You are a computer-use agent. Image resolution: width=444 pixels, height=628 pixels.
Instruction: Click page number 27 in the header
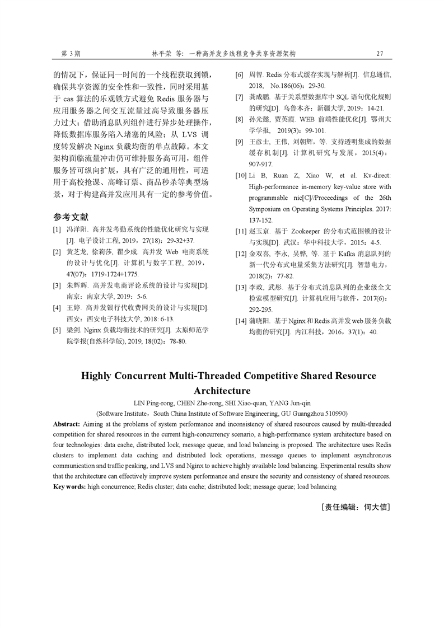(380, 54)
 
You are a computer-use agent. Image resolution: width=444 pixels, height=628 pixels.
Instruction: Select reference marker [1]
(57, 229)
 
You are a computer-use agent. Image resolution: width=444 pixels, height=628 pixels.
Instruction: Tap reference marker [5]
(57, 330)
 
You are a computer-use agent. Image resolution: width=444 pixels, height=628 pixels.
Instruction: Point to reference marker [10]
(240, 176)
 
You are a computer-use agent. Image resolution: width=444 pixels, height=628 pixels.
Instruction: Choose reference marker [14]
(240, 321)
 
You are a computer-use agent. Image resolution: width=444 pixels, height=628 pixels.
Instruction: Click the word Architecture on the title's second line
(222, 390)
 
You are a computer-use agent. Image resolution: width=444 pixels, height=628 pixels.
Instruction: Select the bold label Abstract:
(67, 424)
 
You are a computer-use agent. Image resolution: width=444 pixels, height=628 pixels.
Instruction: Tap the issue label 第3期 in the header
(71, 54)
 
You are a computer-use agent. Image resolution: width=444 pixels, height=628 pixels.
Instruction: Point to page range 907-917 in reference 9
(260, 165)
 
